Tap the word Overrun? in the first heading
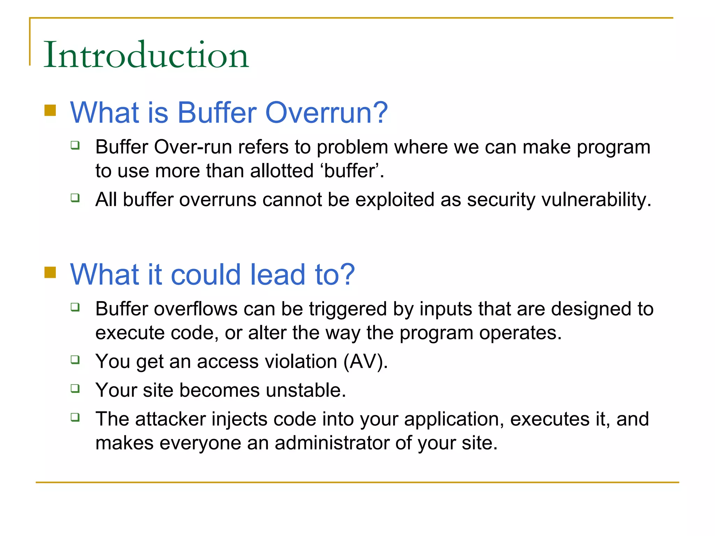326,112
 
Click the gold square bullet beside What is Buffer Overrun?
50,110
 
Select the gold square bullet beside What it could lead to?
50,272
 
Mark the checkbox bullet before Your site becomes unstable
75,388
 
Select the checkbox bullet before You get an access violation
75,359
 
